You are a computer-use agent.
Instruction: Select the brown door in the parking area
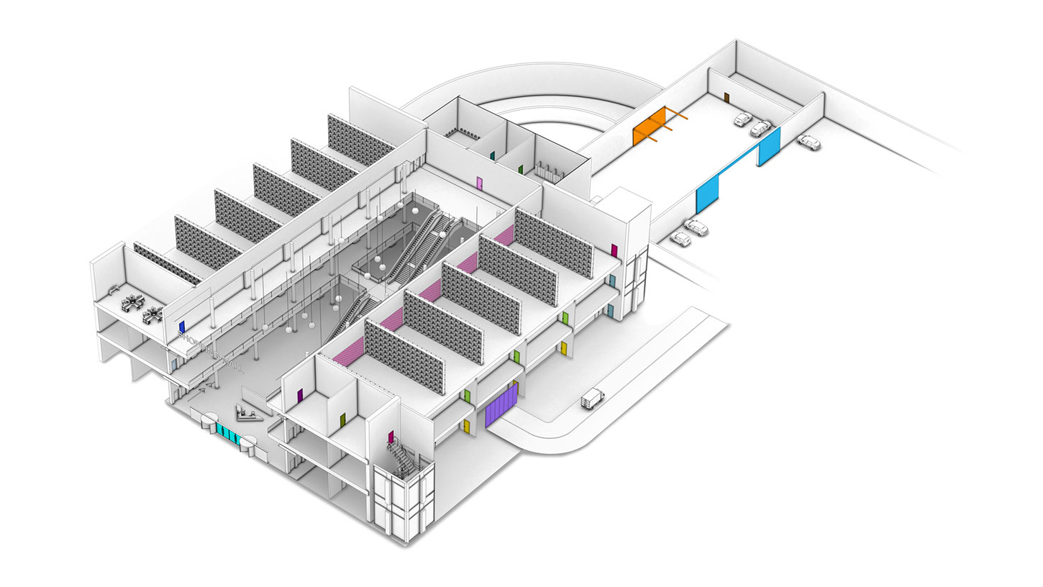point(727,97)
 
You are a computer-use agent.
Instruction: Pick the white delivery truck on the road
point(592,397)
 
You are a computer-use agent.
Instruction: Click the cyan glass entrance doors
point(229,434)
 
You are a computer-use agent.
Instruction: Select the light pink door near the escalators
point(480,183)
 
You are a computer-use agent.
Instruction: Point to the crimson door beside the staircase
point(391,437)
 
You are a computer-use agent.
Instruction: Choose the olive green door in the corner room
point(342,419)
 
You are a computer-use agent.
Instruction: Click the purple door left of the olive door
point(300,395)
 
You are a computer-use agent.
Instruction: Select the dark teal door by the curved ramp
point(492,155)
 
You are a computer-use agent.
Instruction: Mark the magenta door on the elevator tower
point(614,250)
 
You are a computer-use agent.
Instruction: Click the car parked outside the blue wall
point(809,142)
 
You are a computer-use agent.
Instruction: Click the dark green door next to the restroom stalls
point(520,170)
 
